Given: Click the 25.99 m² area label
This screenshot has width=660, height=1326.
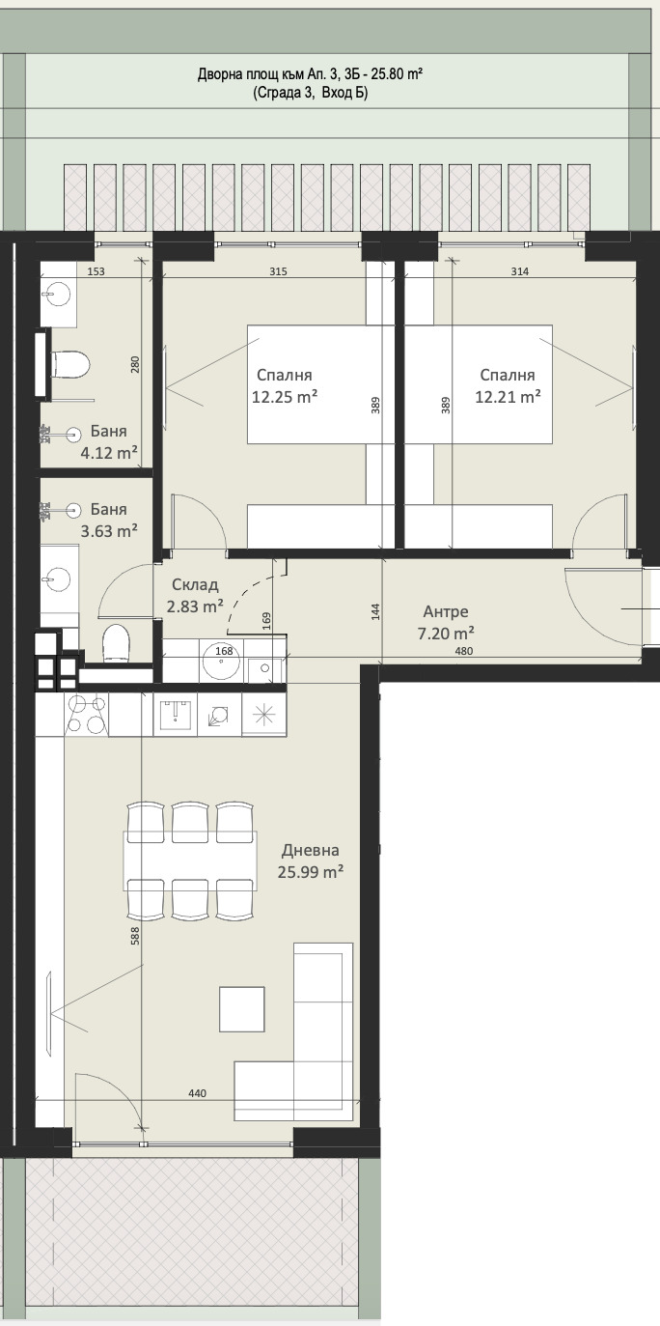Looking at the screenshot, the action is point(311,872).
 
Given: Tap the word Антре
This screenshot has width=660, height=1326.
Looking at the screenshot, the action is point(446,611).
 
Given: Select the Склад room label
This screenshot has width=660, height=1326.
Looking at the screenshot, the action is point(195,585).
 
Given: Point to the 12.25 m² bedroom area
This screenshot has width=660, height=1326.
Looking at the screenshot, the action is point(285,397).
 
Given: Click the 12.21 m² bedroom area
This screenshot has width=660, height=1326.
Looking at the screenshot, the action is point(508,397).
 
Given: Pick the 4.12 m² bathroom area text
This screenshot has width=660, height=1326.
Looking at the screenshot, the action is point(109,454).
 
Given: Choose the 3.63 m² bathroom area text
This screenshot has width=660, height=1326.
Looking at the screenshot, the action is point(109,530).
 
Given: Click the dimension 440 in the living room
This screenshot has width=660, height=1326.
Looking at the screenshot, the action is point(198,1093).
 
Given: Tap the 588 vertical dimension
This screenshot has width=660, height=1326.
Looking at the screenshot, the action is point(135,935).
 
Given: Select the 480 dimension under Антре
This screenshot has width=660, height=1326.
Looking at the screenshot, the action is point(464,651).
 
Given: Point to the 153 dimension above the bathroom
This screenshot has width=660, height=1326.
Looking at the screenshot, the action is point(96,271).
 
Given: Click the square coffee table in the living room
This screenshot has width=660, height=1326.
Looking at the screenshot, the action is point(242,1008).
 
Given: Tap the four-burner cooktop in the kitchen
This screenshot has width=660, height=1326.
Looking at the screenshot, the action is point(86,715).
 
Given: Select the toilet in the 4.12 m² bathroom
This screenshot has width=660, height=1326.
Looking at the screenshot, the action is point(69,363).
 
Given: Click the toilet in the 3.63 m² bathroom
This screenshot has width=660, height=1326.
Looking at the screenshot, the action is point(116,642).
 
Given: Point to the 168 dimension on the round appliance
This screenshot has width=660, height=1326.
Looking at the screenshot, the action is point(224,651).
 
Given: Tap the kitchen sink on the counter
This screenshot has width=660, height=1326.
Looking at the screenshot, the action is point(175,714).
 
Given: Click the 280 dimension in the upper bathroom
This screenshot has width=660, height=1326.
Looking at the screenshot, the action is point(135,364).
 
